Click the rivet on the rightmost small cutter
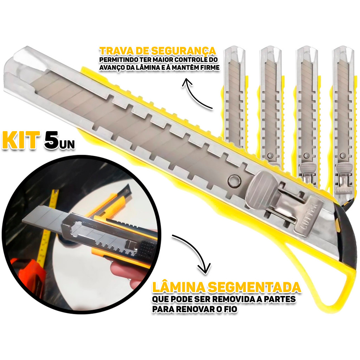[342, 156]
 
